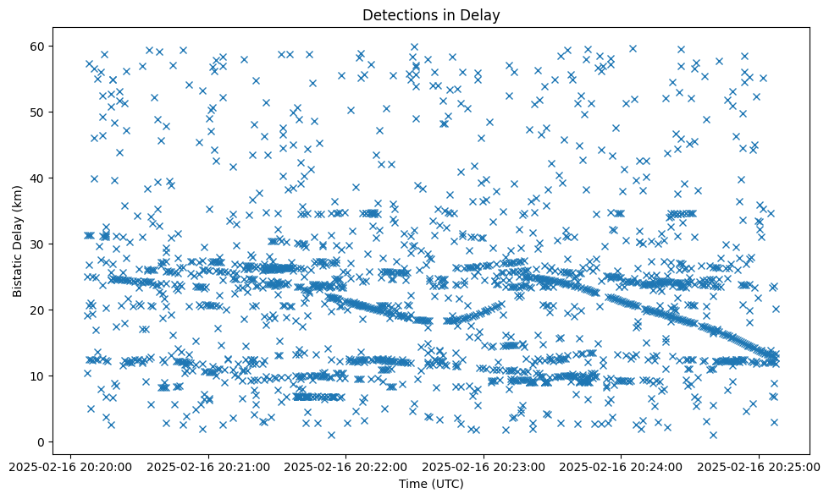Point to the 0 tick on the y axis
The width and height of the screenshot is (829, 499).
point(41,441)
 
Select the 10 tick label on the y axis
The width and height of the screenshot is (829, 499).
point(37,376)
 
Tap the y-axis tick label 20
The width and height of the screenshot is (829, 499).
point(37,310)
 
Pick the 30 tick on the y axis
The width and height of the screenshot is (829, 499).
point(37,244)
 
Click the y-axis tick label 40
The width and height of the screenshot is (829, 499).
point(37,178)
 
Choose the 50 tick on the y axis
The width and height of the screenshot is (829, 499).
point(37,112)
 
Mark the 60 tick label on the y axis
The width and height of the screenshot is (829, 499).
point(37,46)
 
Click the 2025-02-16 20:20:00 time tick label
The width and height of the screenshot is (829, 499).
point(71,466)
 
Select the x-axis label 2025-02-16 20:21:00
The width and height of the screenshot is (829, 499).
point(208,466)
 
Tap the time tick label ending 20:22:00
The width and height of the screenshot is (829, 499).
point(345,466)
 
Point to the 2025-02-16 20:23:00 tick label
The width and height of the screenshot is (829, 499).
point(484,466)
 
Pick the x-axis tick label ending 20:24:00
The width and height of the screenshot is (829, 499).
point(621,466)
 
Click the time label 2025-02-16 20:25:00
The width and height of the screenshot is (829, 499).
point(758,466)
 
